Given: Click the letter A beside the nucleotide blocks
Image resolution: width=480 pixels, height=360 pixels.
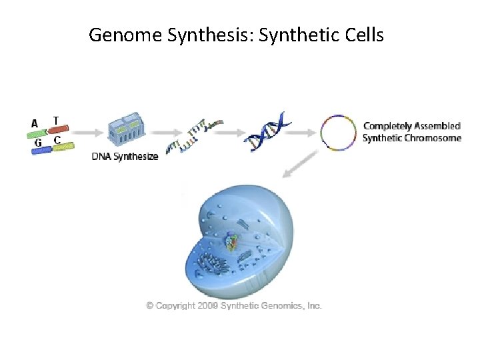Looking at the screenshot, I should coord(35,123).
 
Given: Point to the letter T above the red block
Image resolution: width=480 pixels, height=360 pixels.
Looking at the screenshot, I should coord(56,121).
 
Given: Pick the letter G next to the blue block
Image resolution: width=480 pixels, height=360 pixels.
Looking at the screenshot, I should coord(38,143).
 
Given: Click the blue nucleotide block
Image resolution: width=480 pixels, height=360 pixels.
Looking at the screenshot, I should coord(41,151).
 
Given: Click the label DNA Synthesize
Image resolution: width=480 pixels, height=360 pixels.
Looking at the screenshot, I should coord(125,157).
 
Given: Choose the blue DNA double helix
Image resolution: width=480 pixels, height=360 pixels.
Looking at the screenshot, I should coord(267,131).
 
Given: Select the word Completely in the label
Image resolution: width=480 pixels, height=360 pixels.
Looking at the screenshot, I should coord(388,126).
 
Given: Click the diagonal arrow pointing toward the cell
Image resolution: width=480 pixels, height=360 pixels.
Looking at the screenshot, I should coord(299,165).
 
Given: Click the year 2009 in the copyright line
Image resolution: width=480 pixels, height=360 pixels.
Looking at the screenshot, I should coord(208,305).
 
